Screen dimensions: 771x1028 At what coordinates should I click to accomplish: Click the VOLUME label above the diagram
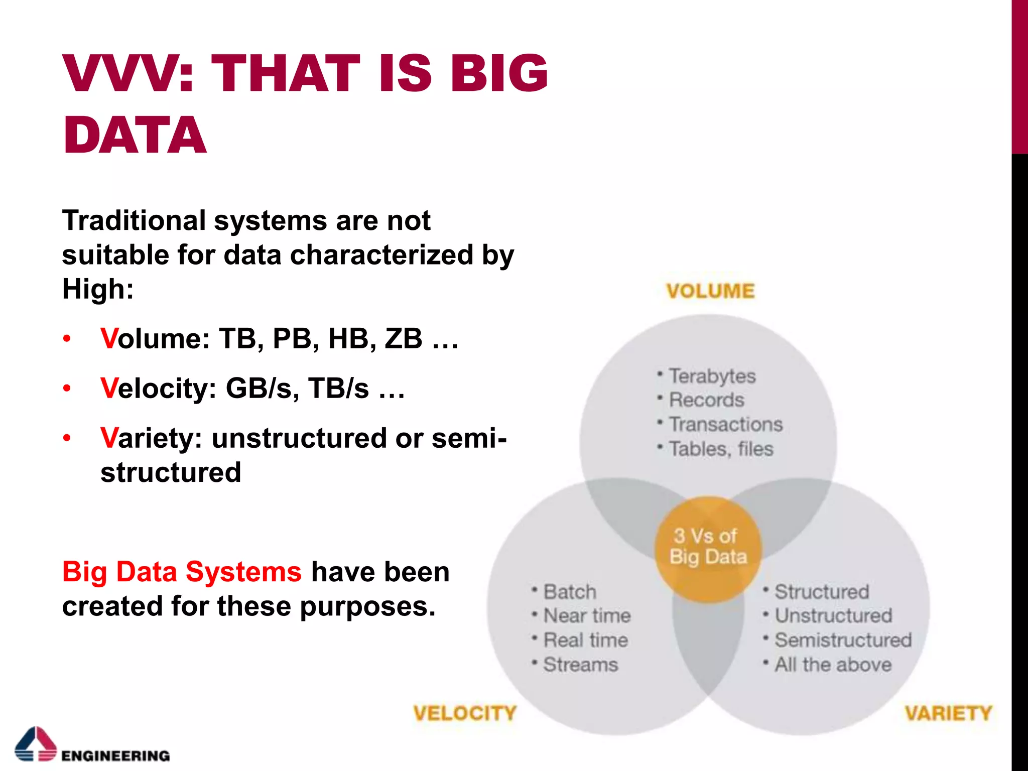[710, 291]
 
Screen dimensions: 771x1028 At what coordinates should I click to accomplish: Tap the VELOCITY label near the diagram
[465, 713]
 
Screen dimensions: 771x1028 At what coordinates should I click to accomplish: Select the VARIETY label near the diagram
[948, 713]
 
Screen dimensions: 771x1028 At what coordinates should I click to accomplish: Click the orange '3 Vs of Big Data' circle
[708, 547]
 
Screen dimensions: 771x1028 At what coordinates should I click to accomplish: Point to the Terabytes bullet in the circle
[712, 376]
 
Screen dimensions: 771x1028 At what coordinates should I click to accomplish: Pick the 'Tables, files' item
[721, 449]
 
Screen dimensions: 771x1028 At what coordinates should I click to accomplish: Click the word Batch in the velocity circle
[570, 592]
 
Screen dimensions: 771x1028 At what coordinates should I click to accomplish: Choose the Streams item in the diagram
[580, 665]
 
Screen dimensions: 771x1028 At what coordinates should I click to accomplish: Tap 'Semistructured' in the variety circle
[843, 640]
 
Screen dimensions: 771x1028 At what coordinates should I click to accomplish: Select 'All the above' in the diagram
[833, 665]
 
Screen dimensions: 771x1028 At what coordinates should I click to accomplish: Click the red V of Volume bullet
[109, 338]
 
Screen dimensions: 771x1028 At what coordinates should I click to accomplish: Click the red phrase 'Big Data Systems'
[182, 572]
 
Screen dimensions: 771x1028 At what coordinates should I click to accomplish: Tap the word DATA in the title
[135, 135]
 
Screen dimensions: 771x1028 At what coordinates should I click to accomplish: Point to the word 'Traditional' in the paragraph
[134, 220]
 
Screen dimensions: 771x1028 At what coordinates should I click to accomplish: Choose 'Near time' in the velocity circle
[587, 616]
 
